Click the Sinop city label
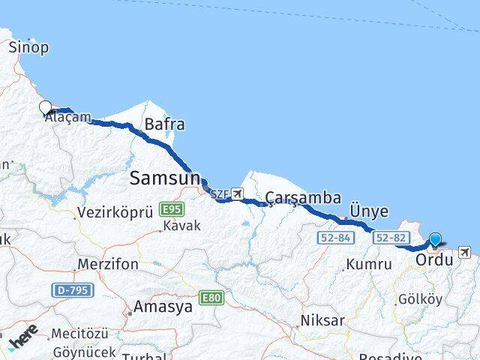[29, 48]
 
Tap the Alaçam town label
[67, 118]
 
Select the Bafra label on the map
[165, 124]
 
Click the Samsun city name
[165, 178]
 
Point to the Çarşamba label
[304, 198]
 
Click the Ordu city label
[434, 259]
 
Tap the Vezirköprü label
[115, 212]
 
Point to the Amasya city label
[157, 306]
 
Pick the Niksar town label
[322, 320]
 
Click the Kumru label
[369, 264]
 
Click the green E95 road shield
[171, 209]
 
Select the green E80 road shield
[211, 298]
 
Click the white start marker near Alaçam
[45, 107]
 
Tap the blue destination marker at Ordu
[435, 240]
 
